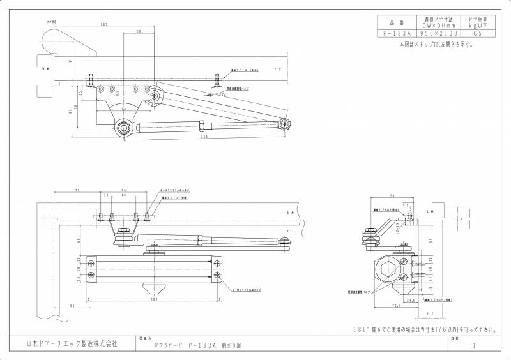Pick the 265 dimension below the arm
(x=204, y=137)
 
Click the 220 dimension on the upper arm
(x=223, y=94)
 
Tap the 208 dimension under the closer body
(x=153, y=299)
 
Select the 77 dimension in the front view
(x=77, y=191)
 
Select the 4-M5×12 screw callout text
(x=174, y=191)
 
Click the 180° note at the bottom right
(x=424, y=330)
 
